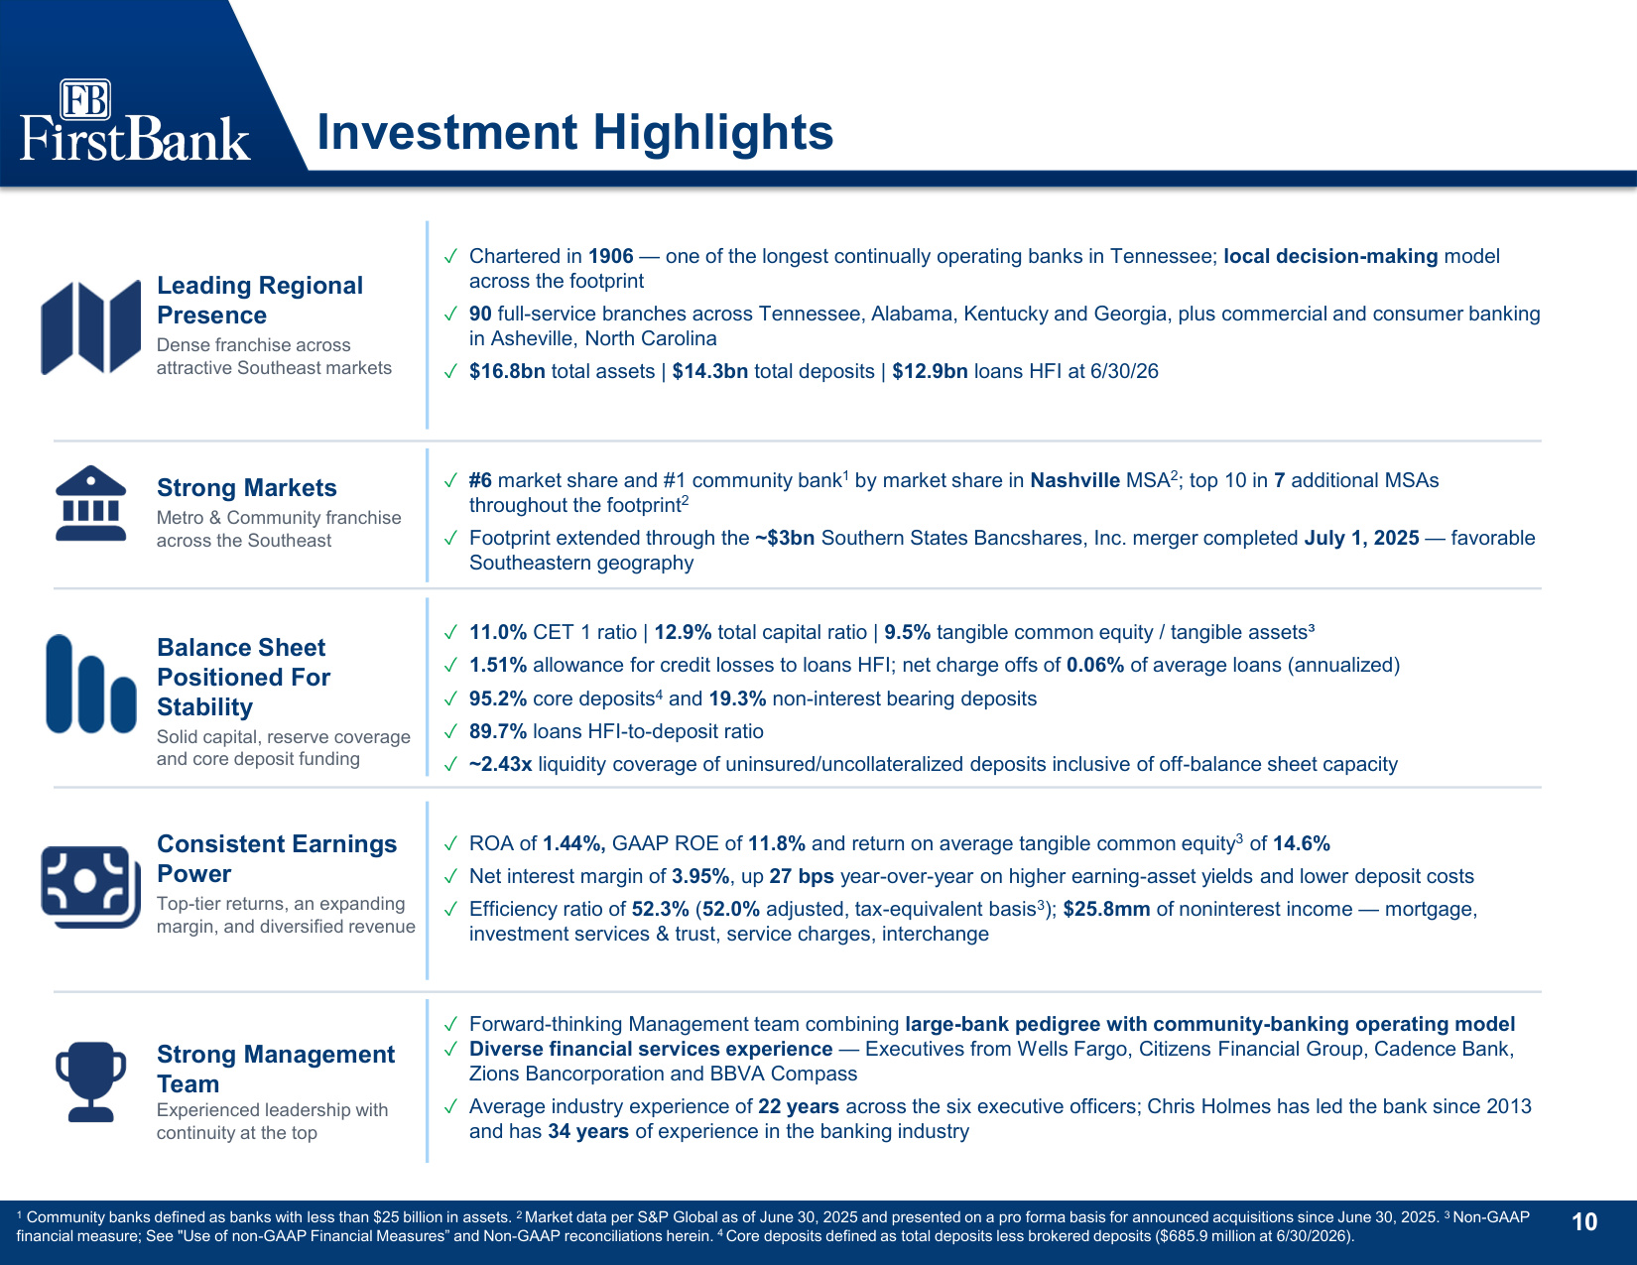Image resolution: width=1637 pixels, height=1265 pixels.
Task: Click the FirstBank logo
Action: point(134,121)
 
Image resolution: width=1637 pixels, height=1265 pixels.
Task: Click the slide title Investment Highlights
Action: point(574,132)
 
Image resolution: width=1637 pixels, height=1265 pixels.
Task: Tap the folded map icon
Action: point(90,327)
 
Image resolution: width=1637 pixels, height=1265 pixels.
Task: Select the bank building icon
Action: point(90,503)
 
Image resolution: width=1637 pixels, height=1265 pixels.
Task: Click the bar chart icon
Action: point(91,684)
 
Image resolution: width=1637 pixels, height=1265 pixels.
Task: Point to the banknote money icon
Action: point(90,887)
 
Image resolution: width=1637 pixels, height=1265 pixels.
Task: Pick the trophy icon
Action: point(90,1081)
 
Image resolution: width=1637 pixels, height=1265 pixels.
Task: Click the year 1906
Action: point(610,256)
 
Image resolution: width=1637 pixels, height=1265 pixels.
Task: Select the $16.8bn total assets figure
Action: point(507,371)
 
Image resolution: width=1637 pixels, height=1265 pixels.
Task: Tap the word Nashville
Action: point(1075,480)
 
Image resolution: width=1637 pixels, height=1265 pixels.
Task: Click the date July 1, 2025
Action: point(1361,538)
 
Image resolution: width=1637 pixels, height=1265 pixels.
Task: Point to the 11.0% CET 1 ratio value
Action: point(498,632)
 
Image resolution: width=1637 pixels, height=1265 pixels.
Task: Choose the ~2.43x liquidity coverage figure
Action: point(500,764)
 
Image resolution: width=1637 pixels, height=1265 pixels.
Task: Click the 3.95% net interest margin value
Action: point(700,876)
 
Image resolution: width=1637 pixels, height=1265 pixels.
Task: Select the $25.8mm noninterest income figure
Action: point(1106,910)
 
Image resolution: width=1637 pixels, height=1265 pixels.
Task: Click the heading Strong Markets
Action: point(246,487)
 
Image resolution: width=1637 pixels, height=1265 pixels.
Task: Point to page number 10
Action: point(1584,1222)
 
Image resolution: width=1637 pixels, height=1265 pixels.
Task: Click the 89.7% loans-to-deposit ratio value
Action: point(498,731)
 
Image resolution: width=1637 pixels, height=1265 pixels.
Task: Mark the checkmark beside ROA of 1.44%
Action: point(450,844)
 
